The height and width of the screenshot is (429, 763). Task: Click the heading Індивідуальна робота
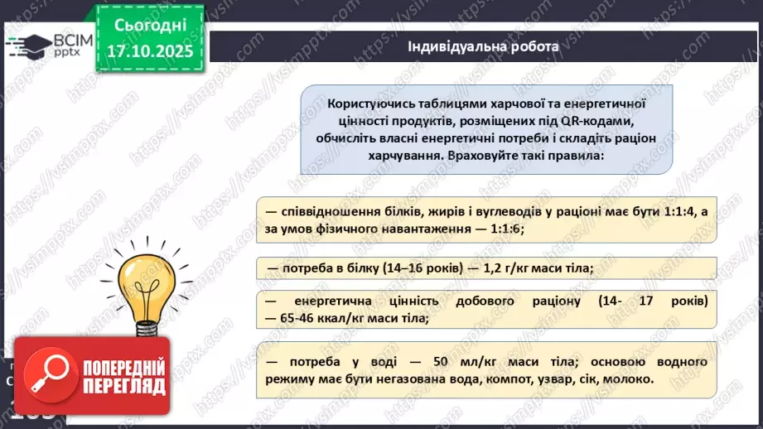tap(483, 46)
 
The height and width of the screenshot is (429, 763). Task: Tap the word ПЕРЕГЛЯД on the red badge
tap(123, 387)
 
